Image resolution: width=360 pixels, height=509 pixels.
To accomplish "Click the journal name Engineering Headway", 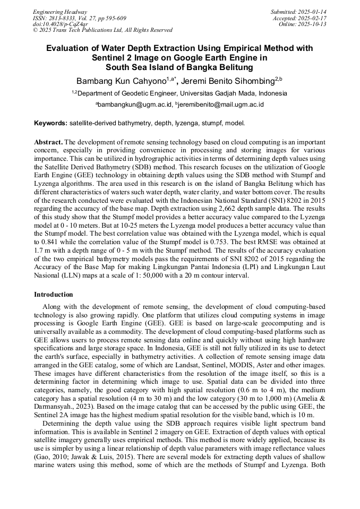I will tap(60, 12).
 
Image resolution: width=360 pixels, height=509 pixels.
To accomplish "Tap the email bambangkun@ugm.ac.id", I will tap(135, 105).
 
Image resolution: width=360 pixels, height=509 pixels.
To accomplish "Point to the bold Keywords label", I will tap(50, 123).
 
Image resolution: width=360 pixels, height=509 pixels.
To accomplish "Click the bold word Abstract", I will tap(48, 143).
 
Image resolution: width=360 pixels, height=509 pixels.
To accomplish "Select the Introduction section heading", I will tap(54, 294).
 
